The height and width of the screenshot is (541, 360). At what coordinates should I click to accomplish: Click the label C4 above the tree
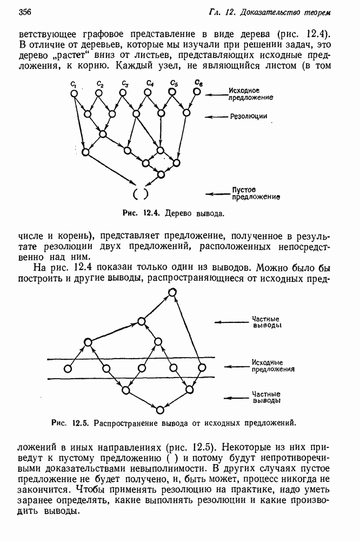[x=150, y=83]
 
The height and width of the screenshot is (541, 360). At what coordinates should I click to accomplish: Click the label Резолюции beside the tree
[x=249, y=116]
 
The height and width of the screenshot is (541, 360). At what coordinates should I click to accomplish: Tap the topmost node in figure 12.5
[x=172, y=293]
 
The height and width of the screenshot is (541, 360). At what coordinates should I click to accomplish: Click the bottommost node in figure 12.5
[x=159, y=408]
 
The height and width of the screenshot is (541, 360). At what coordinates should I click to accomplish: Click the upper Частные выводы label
[x=266, y=322]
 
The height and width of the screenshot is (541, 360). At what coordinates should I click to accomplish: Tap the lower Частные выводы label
[x=266, y=398]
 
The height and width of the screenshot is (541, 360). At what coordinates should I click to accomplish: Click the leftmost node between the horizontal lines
[x=68, y=369]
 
